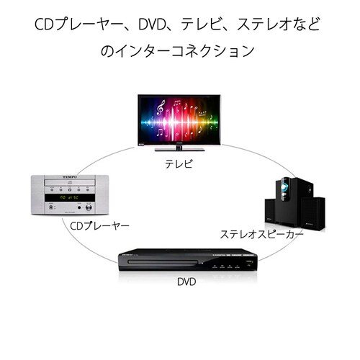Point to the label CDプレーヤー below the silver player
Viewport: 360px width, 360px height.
pyautogui.click(x=99, y=226)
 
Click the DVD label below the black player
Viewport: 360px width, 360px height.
pyautogui.click(x=186, y=281)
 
